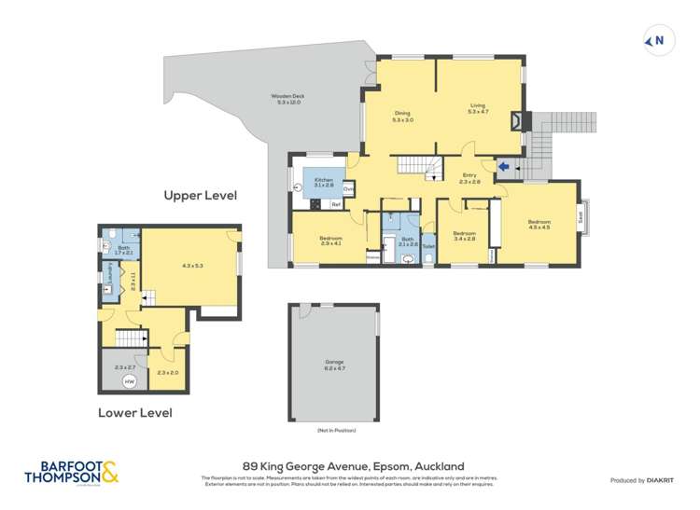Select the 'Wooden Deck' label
287,99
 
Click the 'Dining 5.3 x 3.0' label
402,117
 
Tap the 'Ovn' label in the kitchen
348,188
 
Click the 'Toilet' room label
428,246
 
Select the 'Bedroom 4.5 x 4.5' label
539,224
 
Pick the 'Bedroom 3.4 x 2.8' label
464,236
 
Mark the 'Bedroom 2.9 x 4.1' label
331,241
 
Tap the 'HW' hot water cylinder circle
129,382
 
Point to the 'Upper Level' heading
201,196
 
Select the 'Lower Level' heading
134,412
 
